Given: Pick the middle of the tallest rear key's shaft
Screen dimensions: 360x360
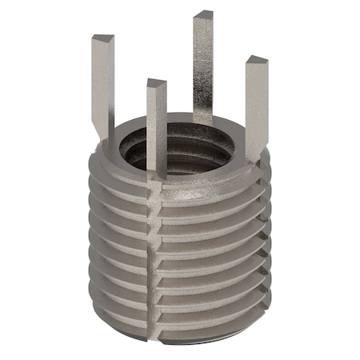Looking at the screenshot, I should (203, 64).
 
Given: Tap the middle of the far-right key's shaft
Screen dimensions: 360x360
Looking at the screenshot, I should (256, 104).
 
